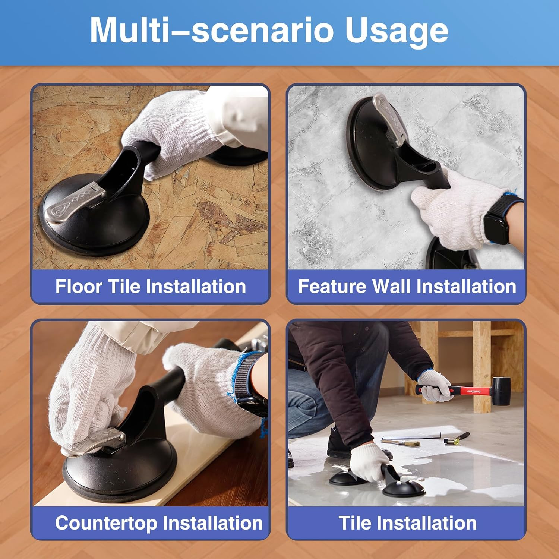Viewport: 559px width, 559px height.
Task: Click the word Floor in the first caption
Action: tap(79, 286)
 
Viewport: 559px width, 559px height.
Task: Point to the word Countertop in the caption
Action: tap(106, 523)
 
